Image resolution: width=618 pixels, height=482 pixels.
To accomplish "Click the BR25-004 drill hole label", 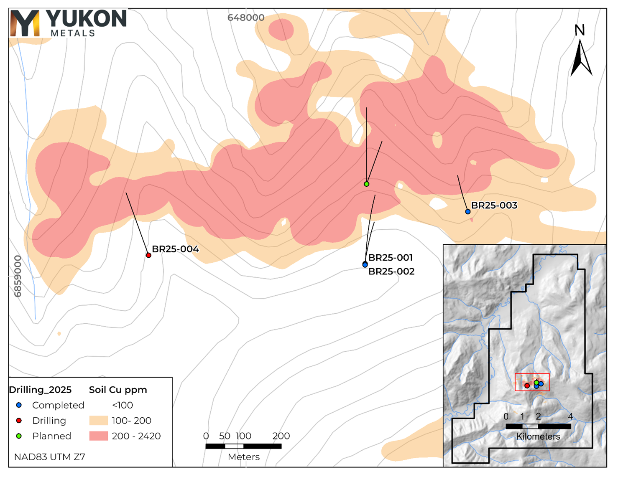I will [x=175, y=249].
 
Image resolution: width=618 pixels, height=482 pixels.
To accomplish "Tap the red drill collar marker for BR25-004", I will [x=148, y=255].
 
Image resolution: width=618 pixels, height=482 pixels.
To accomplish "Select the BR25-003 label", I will [x=494, y=205].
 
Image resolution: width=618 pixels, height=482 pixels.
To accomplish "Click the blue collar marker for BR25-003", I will [x=468, y=212].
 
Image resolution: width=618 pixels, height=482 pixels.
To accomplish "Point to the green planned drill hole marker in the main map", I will [x=367, y=184].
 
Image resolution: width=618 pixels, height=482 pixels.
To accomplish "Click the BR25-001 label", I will [x=391, y=258].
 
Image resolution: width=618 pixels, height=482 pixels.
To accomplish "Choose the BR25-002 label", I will [x=391, y=271].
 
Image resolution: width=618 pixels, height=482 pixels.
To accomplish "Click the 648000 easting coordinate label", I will [x=246, y=18].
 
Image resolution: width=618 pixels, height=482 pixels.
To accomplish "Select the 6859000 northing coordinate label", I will [x=18, y=277].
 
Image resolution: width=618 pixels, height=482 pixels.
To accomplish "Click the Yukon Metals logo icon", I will [x=25, y=23].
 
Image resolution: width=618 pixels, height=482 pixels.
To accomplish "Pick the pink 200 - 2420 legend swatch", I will [x=98, y=436].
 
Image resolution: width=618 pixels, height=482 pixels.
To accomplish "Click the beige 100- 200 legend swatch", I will [x=98, y=421].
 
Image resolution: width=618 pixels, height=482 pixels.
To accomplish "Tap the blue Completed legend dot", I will [x=19, y=405].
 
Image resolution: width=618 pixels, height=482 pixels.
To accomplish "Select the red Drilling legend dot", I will [x=19, y=421].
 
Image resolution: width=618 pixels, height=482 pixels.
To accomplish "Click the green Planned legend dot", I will [x=19, y=436].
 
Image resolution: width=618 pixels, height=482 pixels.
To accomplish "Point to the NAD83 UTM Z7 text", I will [x=49, y=457].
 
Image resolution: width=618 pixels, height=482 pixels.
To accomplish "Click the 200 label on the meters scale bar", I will [x=281, y=436].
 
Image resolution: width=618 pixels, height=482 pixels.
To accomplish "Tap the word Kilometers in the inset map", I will [x=538, y=437].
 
